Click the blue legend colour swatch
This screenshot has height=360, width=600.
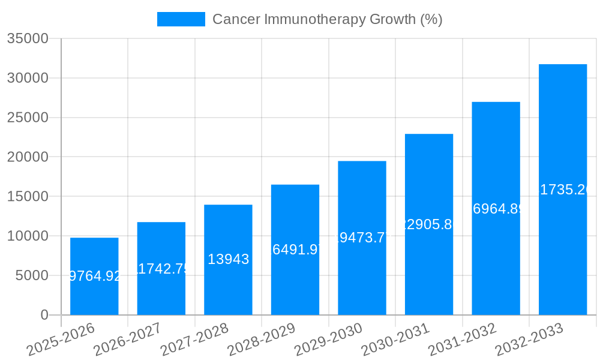[x=181, y=19]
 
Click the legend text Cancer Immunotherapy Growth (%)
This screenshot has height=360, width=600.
[x=328, y=19]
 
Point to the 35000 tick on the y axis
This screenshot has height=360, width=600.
[x=27, y=39]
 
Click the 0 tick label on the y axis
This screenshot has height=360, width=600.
[x=44, y=315]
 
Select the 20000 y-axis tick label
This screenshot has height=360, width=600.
[x=27, y=157]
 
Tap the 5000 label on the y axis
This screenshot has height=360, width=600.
[x=31, y=275]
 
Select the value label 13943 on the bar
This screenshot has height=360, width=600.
[x=228, y=259]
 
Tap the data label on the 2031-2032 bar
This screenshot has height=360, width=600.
[x=496, y=209]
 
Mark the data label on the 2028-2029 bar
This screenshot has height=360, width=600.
[x=295, y=250]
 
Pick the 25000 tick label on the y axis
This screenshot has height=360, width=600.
[x=27, y=118]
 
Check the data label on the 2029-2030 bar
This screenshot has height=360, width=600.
[x=362, y=238]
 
